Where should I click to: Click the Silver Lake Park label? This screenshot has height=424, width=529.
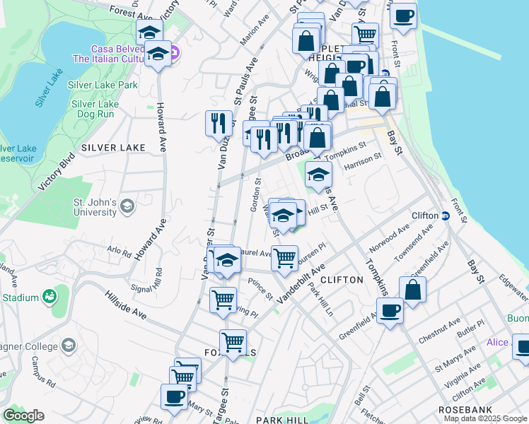pyautogui.click(x=103, y=85)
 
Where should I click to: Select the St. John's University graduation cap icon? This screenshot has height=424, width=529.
pyautogui.click(x=127, y=206)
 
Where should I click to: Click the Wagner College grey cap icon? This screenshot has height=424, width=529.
pyautogui.click(x=69, y=345)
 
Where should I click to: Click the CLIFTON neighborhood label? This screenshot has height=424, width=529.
pyautogui.click(x=342, y=280)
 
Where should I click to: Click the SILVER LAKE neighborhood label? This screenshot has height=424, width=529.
pyautogui.click(x=113, y=148)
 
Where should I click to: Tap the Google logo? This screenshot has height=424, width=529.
pyautogui.click(x=23, y=416)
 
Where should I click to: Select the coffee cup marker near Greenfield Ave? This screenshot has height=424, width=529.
pyautogui.click(x=390, y=310)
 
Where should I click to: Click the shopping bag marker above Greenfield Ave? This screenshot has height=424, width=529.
pyautogui.click(x=413, y=289)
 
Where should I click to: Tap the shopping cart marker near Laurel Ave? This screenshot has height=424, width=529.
pyautogui.click(x=284, y=258)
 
